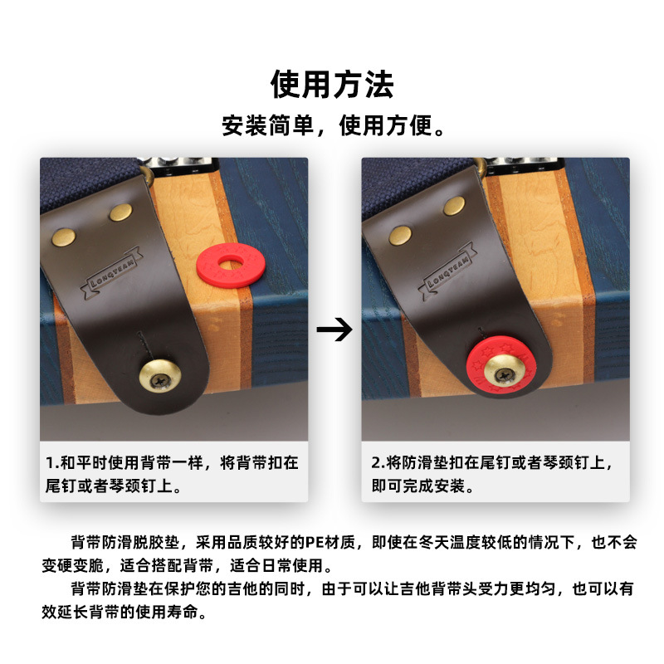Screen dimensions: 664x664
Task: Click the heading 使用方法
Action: tap(332, 84)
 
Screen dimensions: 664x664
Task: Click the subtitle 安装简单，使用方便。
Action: tap(332, 126)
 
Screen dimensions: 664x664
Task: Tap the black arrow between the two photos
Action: tap(334, 330)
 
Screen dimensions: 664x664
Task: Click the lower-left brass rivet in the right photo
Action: tap(401, 237)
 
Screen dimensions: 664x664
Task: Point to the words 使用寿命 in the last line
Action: tap(177, 614)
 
